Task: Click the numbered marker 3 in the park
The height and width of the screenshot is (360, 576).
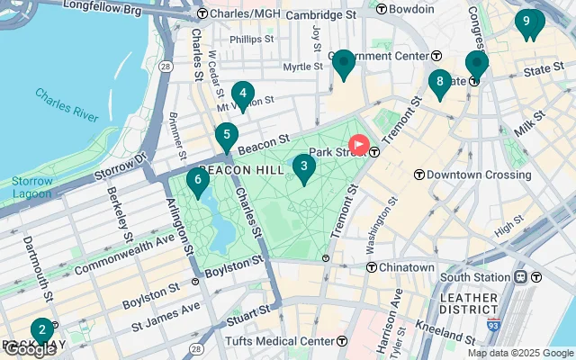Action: tap(304, 166)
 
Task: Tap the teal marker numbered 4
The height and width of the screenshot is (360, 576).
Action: tap(242, 93)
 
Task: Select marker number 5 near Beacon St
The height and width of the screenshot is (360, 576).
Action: tap(227, 137)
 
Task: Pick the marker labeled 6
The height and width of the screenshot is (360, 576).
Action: tap(197, 180)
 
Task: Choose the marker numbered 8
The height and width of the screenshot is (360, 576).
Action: tap(439, 83)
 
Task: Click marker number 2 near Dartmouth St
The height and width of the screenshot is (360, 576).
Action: tap(41, 330)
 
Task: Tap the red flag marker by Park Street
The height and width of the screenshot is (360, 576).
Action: tap(359, 145)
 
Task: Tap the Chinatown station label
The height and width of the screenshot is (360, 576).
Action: tap(405, 267)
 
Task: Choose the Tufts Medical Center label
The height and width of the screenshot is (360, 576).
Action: tap(285, 341)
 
